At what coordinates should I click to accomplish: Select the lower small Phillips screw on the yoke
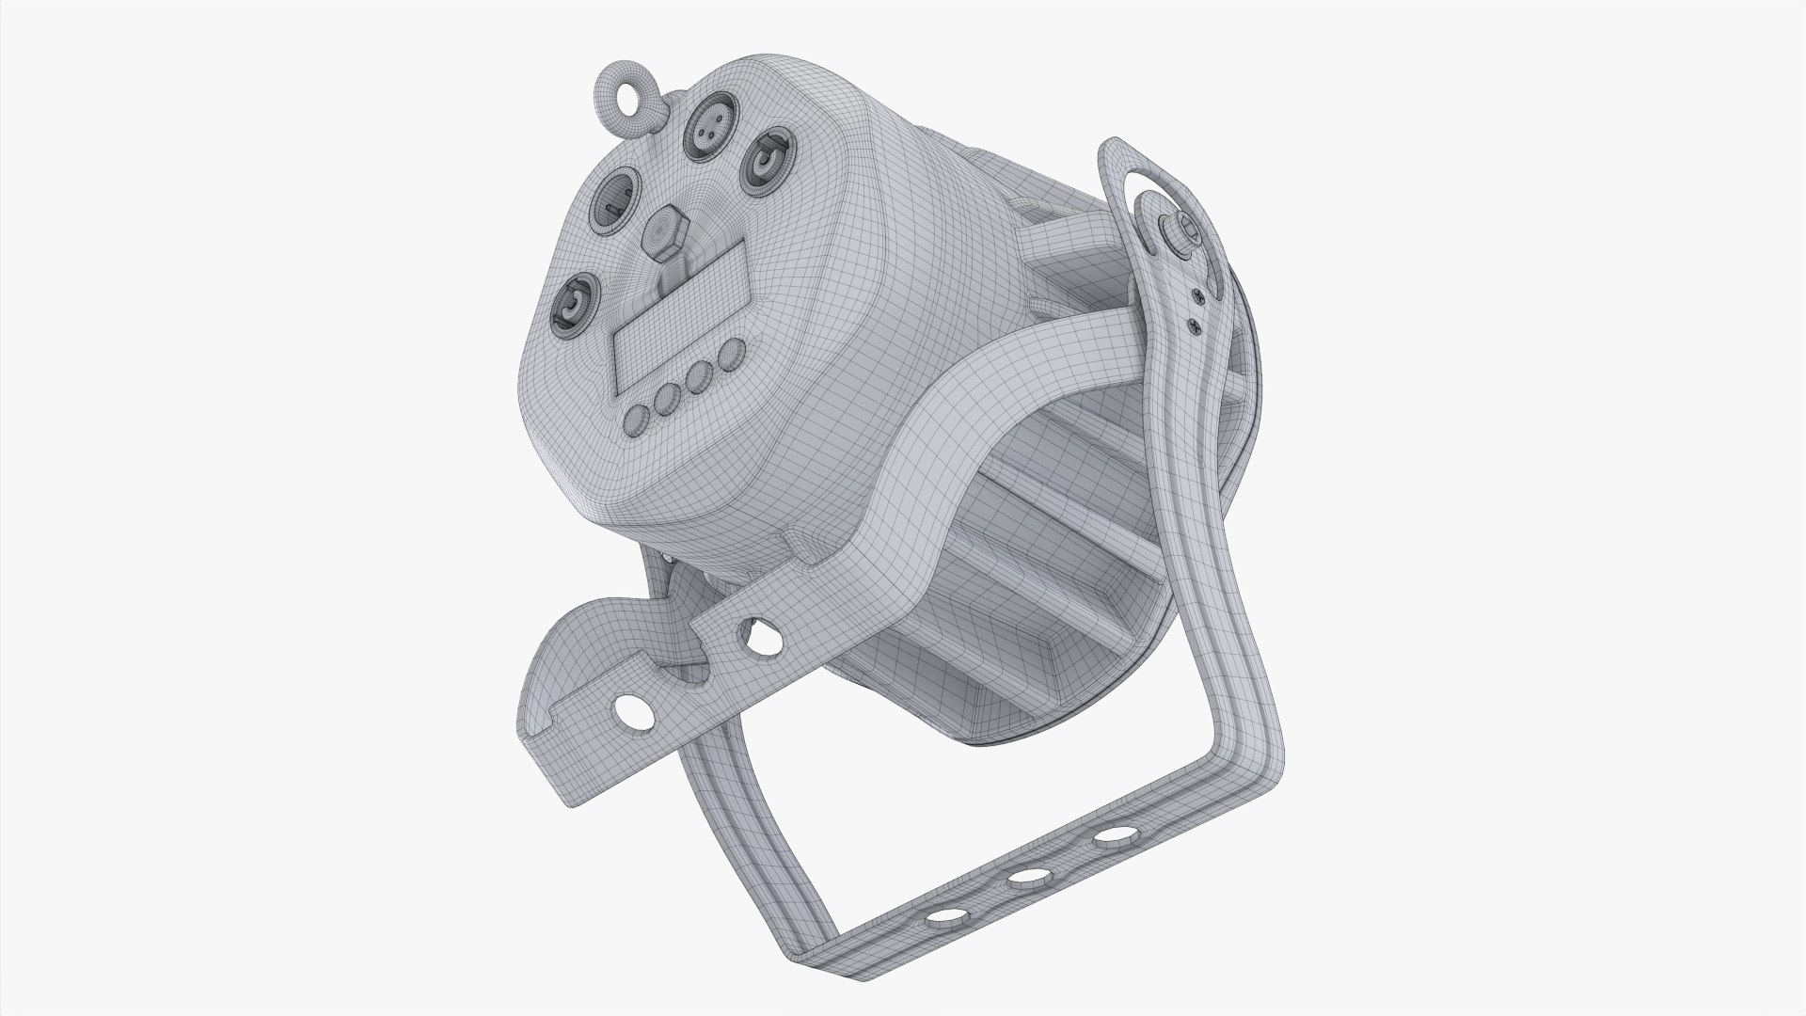pos(1195,325)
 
